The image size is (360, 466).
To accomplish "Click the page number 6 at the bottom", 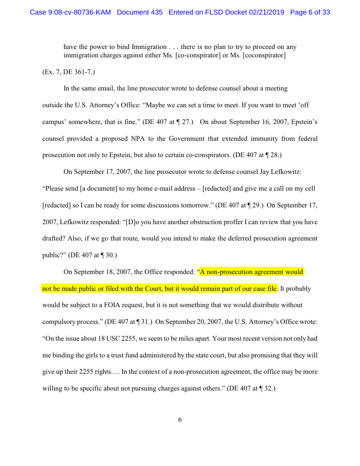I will coord(180,420).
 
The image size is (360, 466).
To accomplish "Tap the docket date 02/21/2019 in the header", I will coord(268,12).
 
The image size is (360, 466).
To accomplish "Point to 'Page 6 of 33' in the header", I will coord(310,12).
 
